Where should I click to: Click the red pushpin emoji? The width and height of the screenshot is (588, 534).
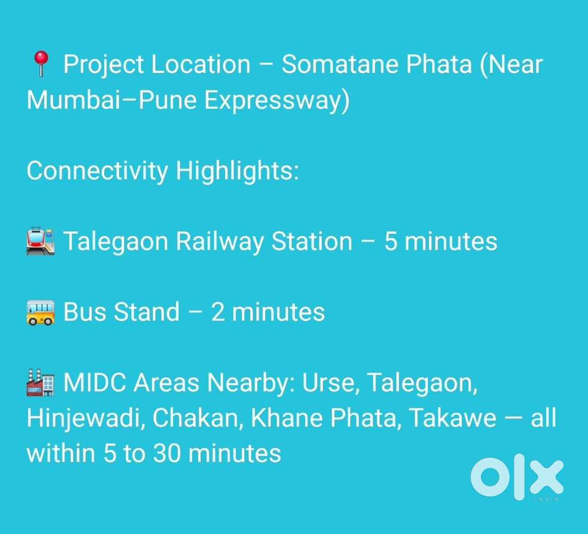pyautogui.click(x=41, y=63)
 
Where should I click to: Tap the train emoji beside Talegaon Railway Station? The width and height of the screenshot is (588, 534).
pyautogui.click(x=41, y=241)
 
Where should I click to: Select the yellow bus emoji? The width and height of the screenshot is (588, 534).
pyautogui.click(x=41, y=312)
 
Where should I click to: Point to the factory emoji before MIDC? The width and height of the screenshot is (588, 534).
pyautogui.click(x=41, y=382)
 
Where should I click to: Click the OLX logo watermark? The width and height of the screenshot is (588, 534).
pyautogui.click(x=517, y=477)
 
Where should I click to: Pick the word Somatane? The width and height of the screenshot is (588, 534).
pyautogui.click(x=340, y=64)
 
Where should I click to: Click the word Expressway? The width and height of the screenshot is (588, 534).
pyautogui.click(x=277, y=100)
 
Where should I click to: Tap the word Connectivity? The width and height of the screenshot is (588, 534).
pyautogui.click(x=98, y=171)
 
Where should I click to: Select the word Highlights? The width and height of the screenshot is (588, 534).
pyautogui.click(x=237, y=171)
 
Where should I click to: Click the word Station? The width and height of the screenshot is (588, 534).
pyautogui.click(x=312, y=241)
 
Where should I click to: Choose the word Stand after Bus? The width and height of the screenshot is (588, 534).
pyautogui.click(x=146, y=312)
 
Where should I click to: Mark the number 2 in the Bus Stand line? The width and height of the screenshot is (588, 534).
pyautogui.click(x=218, y=312)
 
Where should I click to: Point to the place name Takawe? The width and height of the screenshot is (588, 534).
pyautogui.click(x=453, y=418)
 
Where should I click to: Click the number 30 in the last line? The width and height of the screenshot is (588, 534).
pyautogui.click(x=167, y=454)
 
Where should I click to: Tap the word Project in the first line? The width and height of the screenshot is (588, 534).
pyautogui.click(x=103, y=65)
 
